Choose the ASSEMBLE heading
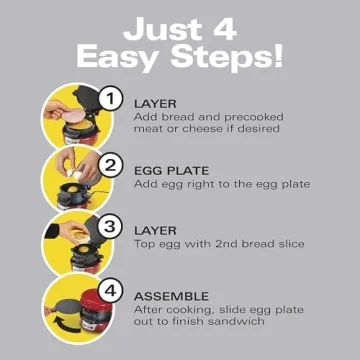[171, 297]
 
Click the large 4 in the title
[238, 23]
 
